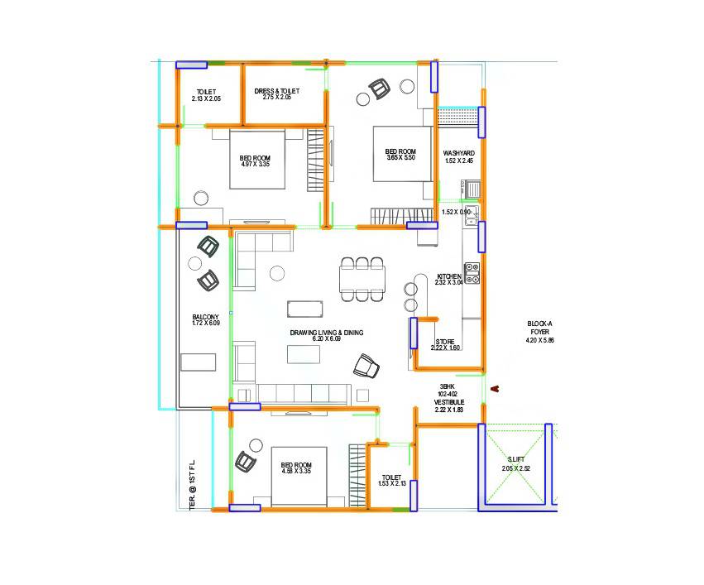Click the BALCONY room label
coord(206,317)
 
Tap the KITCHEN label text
coord(449,276)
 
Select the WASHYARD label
coord(458,153)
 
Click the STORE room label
coord(445,342)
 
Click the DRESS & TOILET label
coord(276,91)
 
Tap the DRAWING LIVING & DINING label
coord(326,333)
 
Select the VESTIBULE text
coord(448,402)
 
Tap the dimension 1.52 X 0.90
coord(456,213)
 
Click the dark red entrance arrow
coord(495,388)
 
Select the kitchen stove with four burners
coord(472,273)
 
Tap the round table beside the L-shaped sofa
coord(276,272)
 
